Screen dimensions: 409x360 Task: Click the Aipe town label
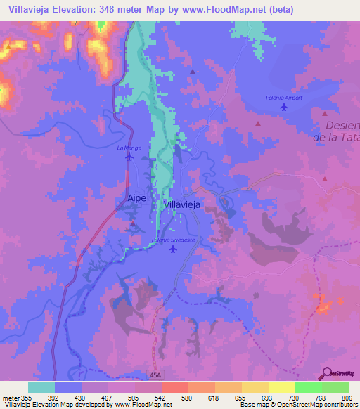point(136,198)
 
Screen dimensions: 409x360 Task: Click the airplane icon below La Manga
point(129,157)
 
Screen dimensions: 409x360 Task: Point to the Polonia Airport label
point(284,98)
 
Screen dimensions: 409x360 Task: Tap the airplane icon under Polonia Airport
point(283,107)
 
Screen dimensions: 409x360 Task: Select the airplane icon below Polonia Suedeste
point(174,249)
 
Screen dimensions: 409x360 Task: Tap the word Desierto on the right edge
point(343,126)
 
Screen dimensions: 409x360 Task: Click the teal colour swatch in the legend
point(41,387)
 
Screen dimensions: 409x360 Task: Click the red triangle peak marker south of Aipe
point(133,224)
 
